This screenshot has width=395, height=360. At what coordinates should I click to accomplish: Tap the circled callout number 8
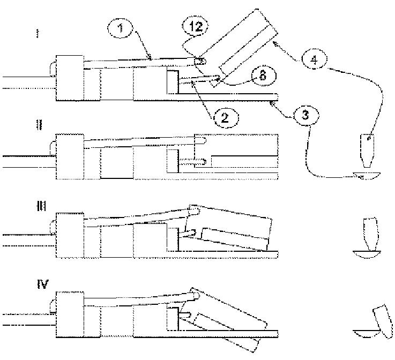[261, 75]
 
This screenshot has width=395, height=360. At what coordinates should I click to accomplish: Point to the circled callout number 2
[225, 117]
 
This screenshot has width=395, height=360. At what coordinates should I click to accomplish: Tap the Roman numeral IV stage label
[42, 283]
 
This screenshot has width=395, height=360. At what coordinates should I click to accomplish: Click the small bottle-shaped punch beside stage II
[368, 150]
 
